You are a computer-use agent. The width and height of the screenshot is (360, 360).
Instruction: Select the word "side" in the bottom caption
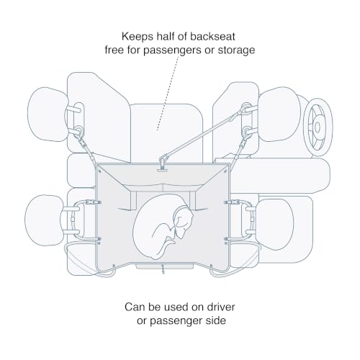point(216,320)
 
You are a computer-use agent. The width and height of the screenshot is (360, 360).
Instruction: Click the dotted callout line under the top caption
point(168,93)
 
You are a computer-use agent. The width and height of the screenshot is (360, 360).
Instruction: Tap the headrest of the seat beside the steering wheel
point(279,114)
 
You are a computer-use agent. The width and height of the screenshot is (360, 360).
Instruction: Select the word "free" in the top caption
point(114,50)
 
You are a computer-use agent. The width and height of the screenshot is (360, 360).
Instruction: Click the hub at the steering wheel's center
point(318,127)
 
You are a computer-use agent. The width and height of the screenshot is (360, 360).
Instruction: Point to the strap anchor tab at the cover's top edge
point(163,167)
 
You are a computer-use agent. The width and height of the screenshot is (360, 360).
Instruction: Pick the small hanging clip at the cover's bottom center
point(163,269)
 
